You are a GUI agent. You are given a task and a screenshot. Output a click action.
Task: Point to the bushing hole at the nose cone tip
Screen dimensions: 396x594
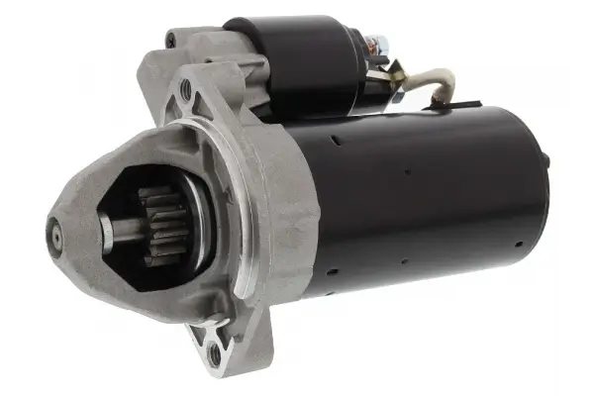click(x=54, y=236)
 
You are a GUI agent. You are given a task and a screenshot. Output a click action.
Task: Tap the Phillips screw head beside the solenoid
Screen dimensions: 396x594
click(x=170, y=41)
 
